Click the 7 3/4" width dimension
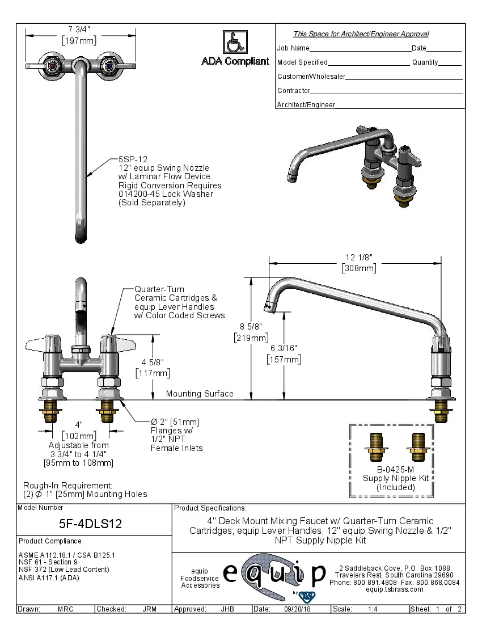pos(79,29)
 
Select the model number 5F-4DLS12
pos(91,524)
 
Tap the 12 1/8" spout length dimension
pos(359,257)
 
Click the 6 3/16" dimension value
pos(284,348)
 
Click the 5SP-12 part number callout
pos(133,160)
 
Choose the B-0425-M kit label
pos(397,470)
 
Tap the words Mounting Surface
pos(200,394)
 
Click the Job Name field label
pos(293,48)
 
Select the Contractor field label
pos(294,91)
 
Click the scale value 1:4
pos(373,609)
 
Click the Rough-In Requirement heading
pos(67,486)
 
